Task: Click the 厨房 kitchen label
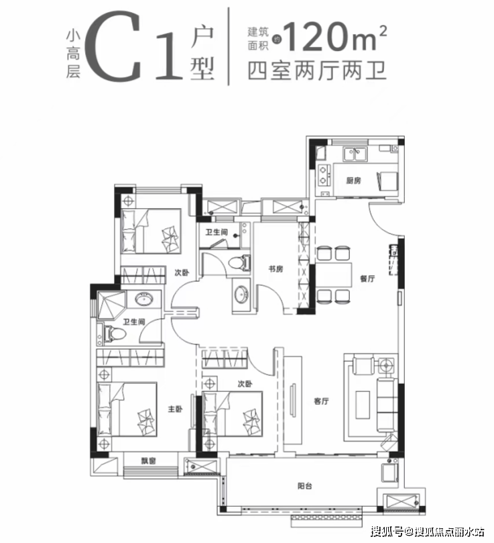(353, 181)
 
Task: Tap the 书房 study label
(275, 268)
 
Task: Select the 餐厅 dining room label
(367, 278)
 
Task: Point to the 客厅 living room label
(321, 401)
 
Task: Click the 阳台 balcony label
(305, 486)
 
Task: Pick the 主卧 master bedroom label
(175, 409)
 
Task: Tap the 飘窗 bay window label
(148, 461)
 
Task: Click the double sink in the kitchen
(355, 154)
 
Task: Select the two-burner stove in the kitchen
(324, 175)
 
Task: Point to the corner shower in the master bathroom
(111, 305)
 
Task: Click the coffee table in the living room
(363, 405)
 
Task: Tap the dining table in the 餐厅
(334, 275)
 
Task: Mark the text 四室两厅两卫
(316, 70)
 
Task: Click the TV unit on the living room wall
(293, 400)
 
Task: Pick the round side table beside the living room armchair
(386, 364)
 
